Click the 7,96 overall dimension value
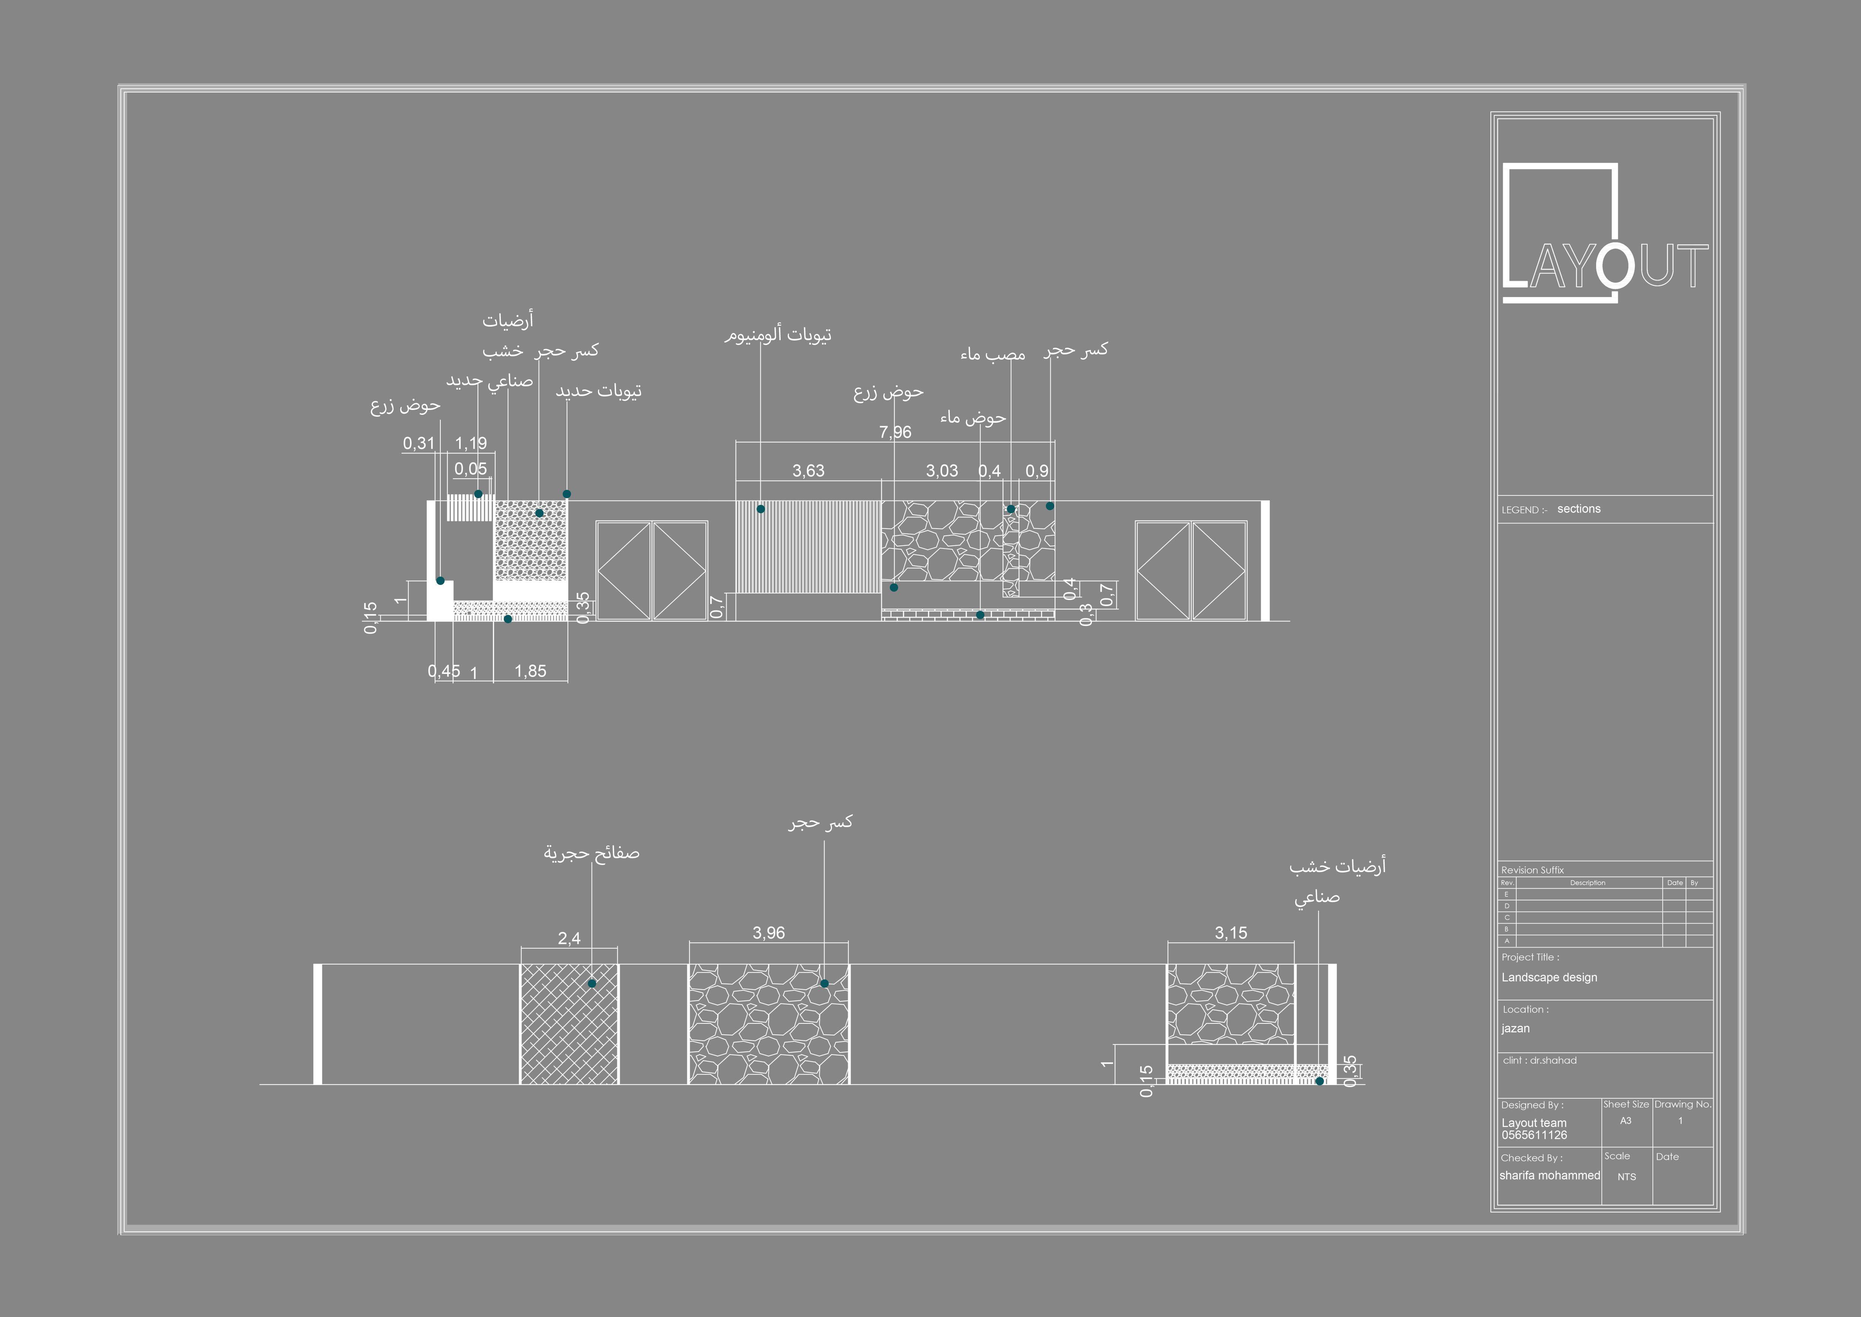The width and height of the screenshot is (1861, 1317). (895, 432)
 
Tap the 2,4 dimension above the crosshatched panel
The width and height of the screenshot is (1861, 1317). (569, 938)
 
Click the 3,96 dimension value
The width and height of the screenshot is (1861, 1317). (768, 933)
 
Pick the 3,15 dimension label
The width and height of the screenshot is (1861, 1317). (1230, 933)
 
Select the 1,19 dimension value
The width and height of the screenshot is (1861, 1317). (471, 444)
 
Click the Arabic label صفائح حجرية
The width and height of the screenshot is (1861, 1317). (592, 853)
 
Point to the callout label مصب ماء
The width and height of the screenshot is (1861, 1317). (993, 354)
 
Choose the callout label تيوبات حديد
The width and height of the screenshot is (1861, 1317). (598, 391)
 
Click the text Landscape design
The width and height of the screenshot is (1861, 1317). (1549, 977)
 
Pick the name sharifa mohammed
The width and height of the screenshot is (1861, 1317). (1549, 1175)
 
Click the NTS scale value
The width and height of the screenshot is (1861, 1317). (1626, 1177)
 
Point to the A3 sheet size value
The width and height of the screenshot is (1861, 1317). (1625, 1121)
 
